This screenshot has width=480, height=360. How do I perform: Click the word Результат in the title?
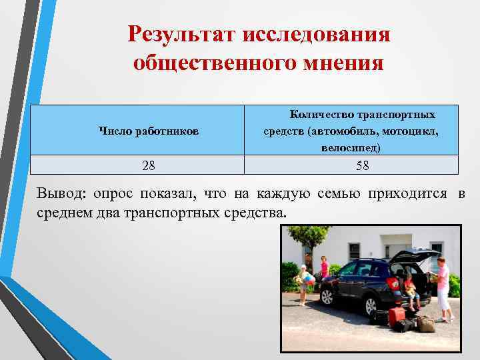click(178, 33)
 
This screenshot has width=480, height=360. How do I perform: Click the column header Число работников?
click(149, 131)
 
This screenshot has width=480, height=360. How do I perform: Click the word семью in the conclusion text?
click(337, 194)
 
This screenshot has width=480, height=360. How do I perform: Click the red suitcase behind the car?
click(397, 316)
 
